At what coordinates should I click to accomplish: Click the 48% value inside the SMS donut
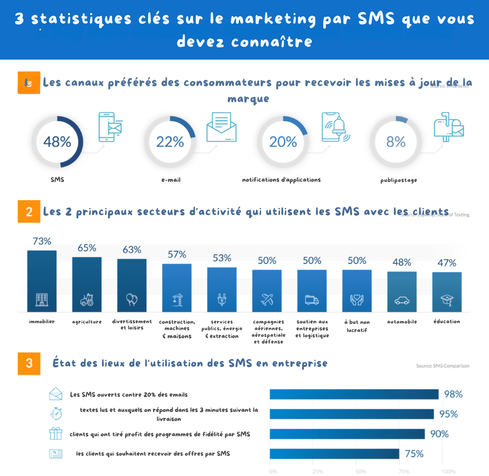(57, 142)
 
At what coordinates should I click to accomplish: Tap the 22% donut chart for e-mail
(170, 142)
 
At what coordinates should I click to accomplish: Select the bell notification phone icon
(335, 127)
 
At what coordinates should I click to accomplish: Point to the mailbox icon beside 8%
(448, 127)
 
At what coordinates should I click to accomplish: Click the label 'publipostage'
(399, 180)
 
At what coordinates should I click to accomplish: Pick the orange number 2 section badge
(29, 211)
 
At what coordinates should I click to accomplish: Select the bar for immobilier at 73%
(42, 281)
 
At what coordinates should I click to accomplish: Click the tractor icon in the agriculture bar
(87, 300)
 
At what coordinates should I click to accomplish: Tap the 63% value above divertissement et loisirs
(132, 250)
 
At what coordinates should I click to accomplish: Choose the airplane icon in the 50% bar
(267, 300)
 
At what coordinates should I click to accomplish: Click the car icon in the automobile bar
(402, 301)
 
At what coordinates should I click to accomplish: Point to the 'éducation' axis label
(447, 321)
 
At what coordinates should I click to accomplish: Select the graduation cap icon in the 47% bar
(447, 300)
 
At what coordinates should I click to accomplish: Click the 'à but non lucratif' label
(357, 326)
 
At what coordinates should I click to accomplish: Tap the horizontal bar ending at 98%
(354, 394)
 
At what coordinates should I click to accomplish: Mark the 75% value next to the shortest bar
(414, 454)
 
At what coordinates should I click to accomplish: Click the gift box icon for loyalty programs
(56, 434)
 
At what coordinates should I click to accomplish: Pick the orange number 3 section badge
(29, 363)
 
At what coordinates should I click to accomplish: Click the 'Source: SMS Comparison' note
(443, 366)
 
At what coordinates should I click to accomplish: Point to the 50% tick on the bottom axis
(361, 472)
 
